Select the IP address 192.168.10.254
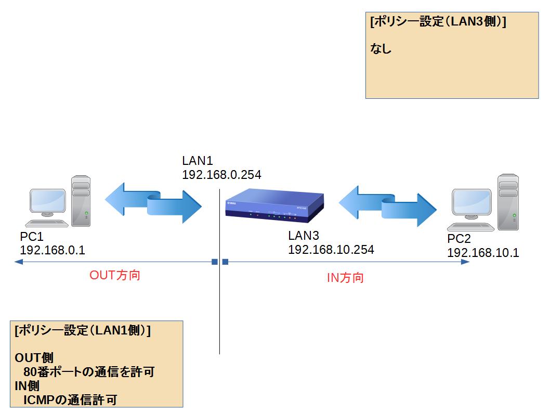point(331,250)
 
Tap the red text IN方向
point(345,278)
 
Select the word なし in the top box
point(381,49)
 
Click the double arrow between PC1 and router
point(153,203)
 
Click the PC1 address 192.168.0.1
point(53,250)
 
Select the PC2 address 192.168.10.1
point(483,253)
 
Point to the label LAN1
point(198,161)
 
